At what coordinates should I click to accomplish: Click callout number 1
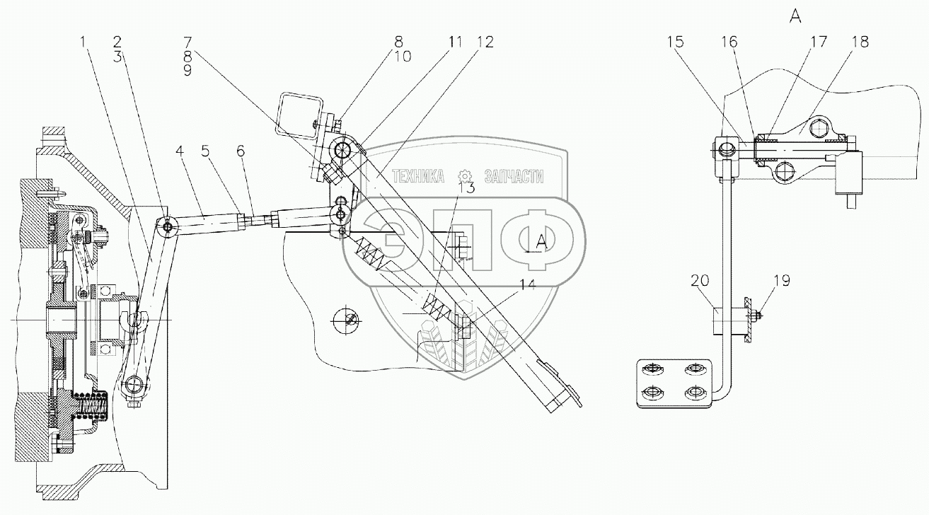point(84,42)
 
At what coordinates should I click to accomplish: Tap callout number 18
point(861,42)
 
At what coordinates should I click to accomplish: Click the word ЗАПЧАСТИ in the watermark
point(513,177)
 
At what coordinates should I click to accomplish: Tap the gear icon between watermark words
point(464,175)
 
